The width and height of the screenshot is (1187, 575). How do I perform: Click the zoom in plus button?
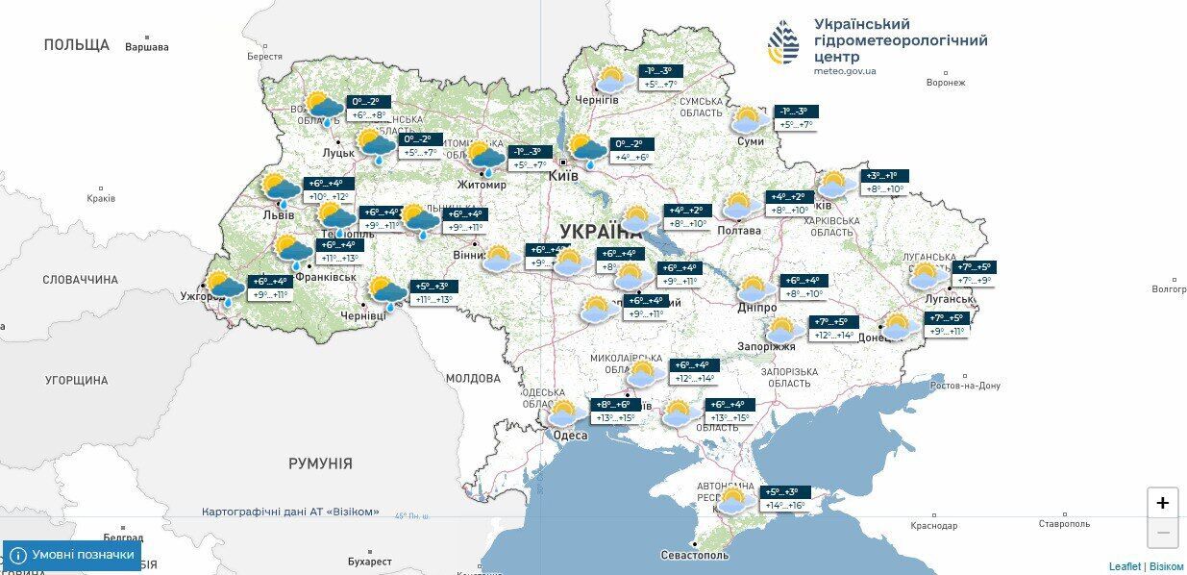point(1162,503)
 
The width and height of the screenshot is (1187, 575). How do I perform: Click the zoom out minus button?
point(1162,532)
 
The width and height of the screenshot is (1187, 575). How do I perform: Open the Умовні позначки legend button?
point(72,555)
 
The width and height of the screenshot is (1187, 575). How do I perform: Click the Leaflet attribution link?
point(1125,566)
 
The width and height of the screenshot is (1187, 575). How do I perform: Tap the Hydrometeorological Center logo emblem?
point(783,42)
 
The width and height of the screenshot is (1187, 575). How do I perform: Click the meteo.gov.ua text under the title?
point(844,71)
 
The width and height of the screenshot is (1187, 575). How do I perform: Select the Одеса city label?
point(570,436)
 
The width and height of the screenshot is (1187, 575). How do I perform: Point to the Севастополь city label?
point(695,555)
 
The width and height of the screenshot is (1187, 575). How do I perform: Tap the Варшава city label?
point(146,47)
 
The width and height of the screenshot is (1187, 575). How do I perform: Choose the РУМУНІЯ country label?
point(320,463)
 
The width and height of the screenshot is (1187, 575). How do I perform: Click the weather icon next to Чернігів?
point(613,80)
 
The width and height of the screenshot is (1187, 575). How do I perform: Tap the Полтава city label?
point(740,231)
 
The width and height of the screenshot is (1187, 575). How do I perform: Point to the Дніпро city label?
point(757,307)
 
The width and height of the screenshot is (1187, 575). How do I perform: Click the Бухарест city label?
point(370,561)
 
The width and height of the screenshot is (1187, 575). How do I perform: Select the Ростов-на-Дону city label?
point(965,386)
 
